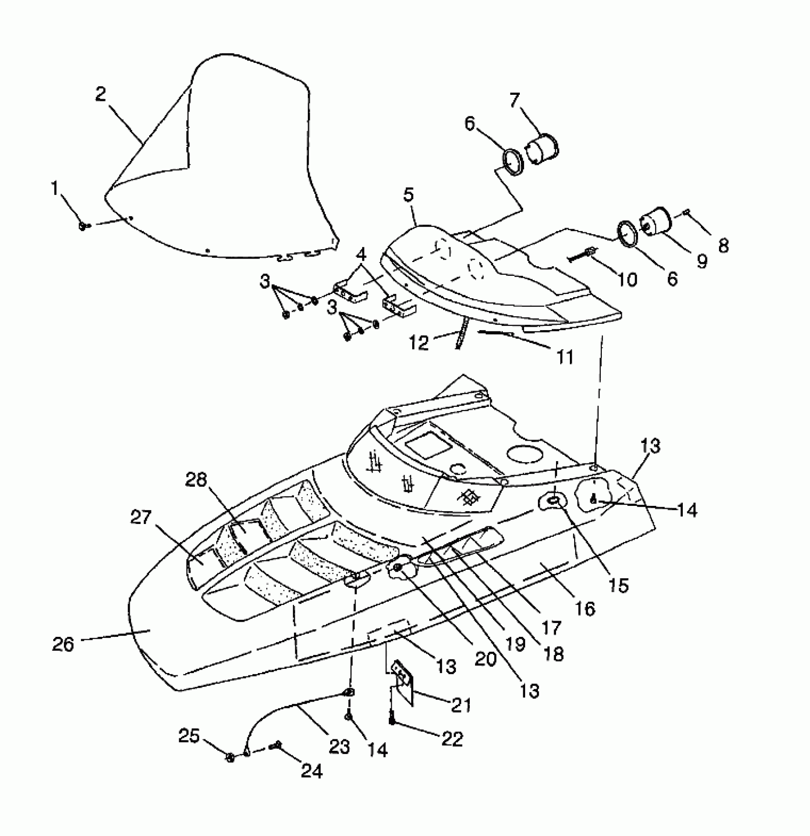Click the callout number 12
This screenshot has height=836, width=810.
[420, 342]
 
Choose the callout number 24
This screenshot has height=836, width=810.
[312, 770]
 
